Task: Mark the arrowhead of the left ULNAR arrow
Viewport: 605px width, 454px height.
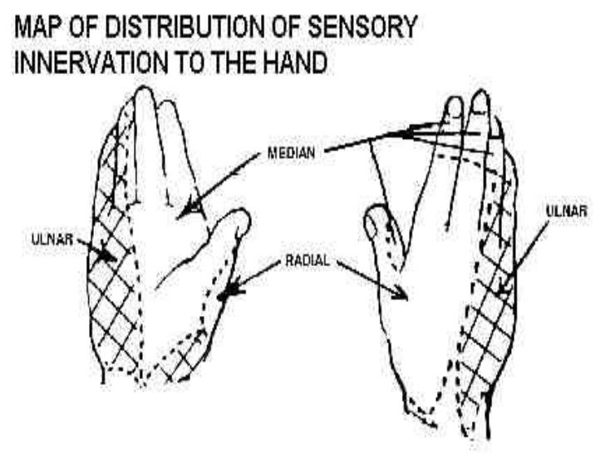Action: tap(106, 256)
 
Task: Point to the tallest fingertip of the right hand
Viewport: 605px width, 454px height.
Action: tap(480, 95)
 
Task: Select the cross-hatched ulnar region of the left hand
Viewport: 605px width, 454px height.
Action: tap(108, 299)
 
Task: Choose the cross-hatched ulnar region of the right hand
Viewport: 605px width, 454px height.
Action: tap(490, 333)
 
